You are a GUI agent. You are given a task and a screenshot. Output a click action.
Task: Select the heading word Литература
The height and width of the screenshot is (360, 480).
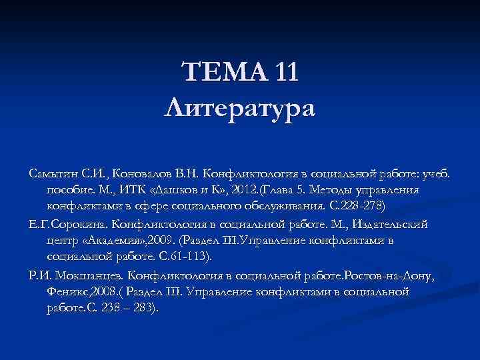coord(240,106)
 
